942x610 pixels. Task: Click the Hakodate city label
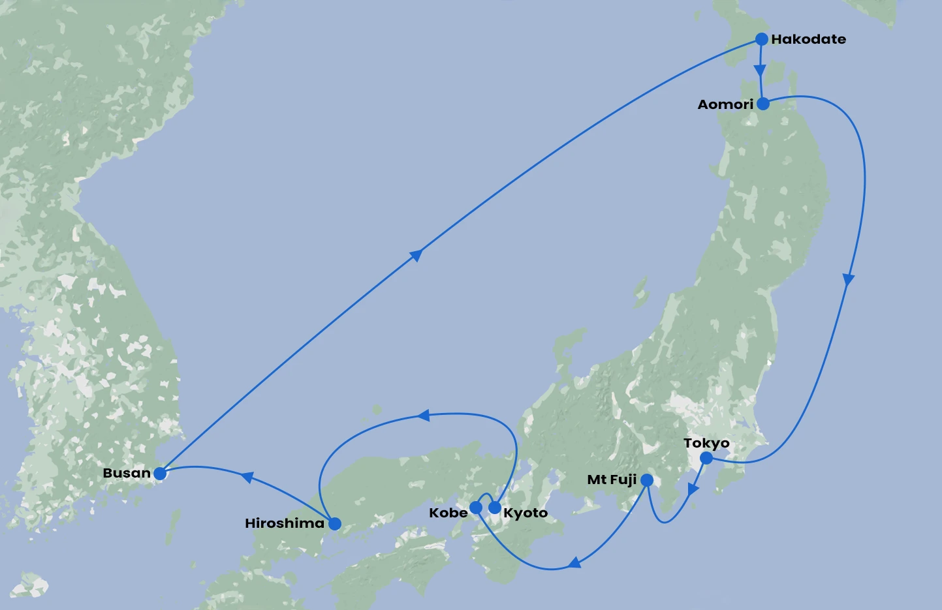pos(808,39)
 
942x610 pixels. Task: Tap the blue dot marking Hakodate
pos(761,39)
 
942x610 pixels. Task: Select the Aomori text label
pos(725,104)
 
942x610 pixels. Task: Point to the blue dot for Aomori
pos(762,104)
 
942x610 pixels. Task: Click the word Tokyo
pos(706,444)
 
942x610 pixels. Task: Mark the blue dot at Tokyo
pos(706,458)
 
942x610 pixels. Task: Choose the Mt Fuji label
pos(612,480)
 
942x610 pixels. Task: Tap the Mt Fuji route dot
pos(646,480)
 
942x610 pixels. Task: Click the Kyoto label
pos(526,513)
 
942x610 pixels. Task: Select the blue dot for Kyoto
pos(495,508)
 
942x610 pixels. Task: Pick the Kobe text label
pos(448,513)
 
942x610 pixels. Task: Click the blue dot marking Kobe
pos(476,508)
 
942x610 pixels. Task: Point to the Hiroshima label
pos(285,523)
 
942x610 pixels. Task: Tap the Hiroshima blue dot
pos(335,523)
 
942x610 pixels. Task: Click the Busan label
pos(127,473)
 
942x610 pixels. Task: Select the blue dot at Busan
pos(160,473)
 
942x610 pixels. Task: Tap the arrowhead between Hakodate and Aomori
pos(759,70)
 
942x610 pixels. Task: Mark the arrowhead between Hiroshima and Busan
pos(247,477)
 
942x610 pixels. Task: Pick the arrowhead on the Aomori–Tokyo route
pos(848,280)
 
